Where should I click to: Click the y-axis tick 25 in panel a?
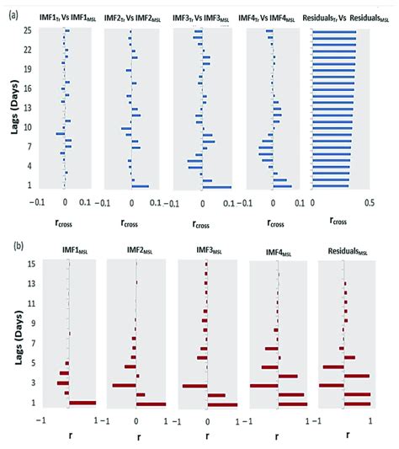pyautogui.click(x=27, y=30)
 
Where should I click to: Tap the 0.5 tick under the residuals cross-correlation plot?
pyautogui.click(x=368, y=202)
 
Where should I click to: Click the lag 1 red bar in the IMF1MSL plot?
pyautogui.click(x=82, y=403)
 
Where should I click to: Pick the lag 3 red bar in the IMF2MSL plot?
pyautogui.click(x=125, y=385)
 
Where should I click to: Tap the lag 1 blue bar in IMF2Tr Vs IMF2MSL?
pyautogui.click(x=140, y=186)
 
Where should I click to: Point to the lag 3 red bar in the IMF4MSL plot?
pyautogui.click(x=263, y=386)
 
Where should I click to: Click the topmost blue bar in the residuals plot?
pyautogui.click(x=333, y=33)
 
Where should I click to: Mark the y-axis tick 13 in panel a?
pyautogui.click(x=27, y=108)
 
